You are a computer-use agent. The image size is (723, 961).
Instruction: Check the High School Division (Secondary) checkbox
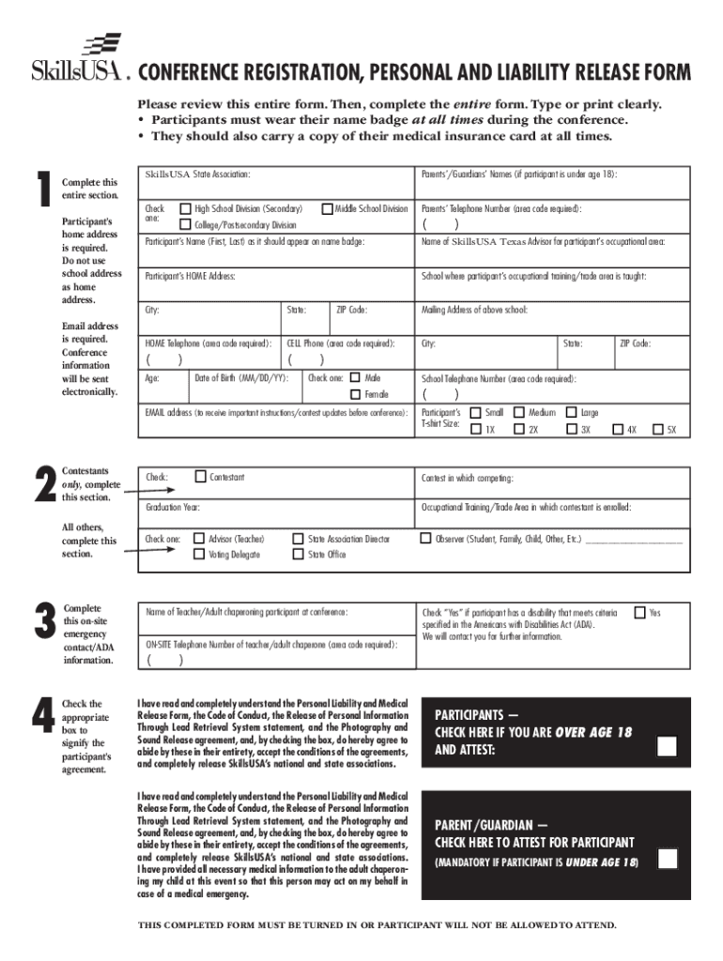(x=185, y=208)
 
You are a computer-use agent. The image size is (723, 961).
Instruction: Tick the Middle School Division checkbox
(x=327, y=208)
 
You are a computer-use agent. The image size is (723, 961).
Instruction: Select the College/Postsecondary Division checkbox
(x=185, y=225)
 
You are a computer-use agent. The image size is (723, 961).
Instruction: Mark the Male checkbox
(x=355, y=377)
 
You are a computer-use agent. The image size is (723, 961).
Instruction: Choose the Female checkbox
(x=355, y=394)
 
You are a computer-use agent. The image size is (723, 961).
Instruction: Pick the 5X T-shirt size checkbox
(x=658, y=430)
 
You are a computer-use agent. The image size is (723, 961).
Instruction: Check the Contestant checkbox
(x=200, y=477)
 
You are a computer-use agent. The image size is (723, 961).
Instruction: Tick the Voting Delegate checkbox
(x=199, y=555)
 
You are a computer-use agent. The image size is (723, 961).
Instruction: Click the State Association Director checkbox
(x=298, y=539)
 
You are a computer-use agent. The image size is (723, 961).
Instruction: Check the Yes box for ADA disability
(x=639, y=612)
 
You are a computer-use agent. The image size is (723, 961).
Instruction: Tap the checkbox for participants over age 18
(x=667, y=747)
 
